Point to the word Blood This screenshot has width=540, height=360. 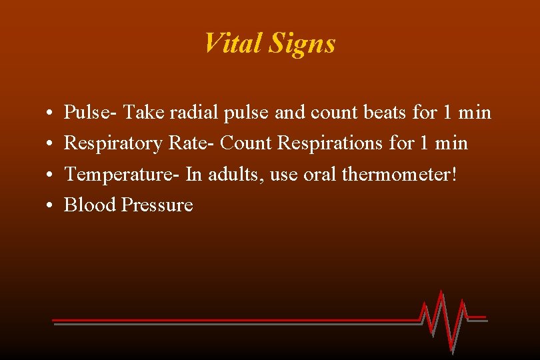90,205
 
